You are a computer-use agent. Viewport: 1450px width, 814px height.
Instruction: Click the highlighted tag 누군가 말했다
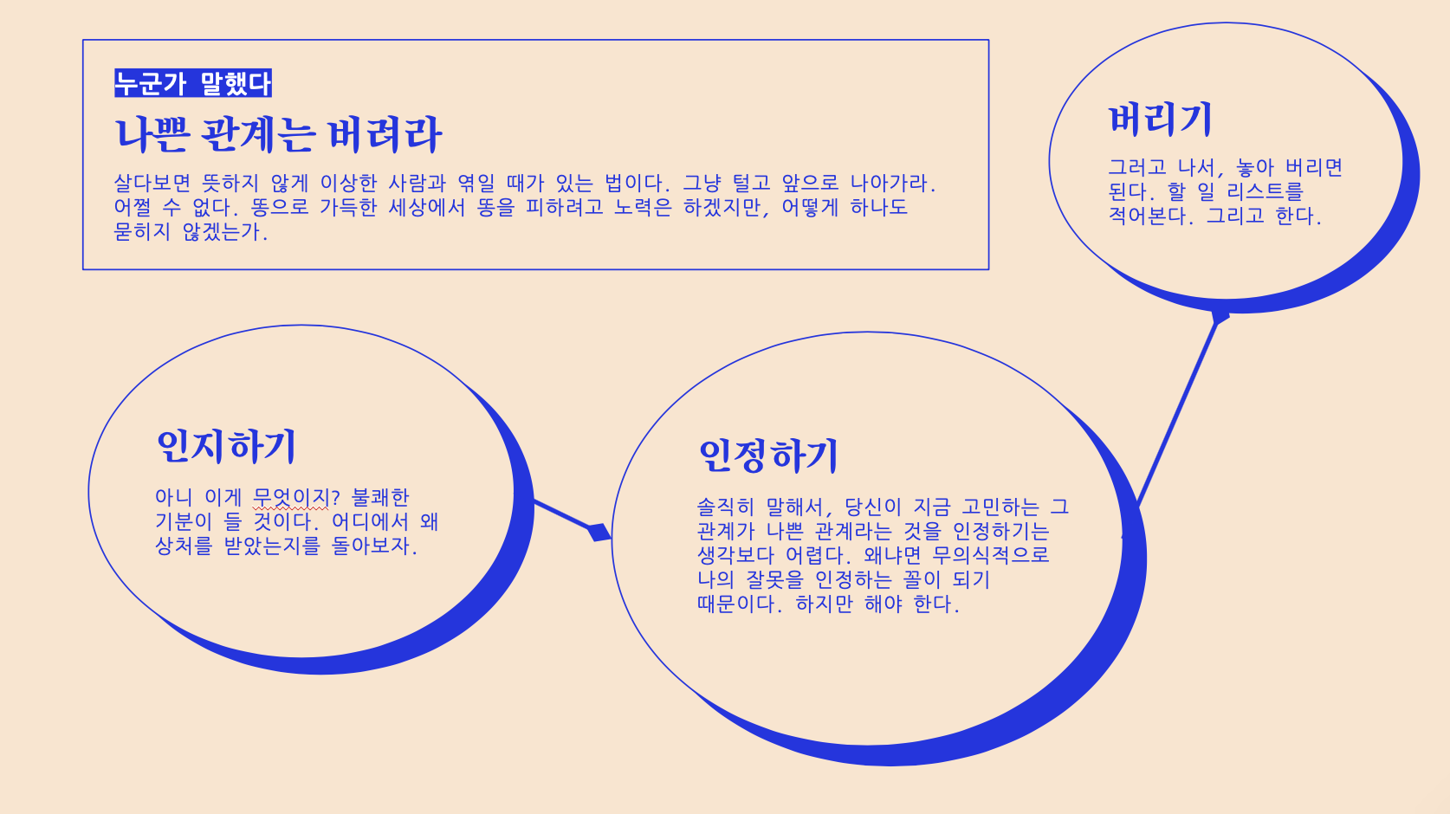tap(192, 83)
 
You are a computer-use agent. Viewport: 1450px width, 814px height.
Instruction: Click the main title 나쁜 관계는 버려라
tap(278, 134)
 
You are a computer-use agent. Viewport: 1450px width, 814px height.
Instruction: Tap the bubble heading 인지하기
tap(226, 446)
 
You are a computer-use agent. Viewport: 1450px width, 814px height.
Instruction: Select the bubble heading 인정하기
tap(768, 455)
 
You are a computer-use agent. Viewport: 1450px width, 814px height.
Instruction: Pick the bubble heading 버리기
tap(1160, 120)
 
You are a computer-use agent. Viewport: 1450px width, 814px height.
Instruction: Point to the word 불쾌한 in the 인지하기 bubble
tap(380, 498)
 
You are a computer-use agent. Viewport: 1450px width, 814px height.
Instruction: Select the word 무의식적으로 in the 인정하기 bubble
tap(990, 555)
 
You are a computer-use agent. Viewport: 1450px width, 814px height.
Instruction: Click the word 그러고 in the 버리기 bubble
tap(1137, 167)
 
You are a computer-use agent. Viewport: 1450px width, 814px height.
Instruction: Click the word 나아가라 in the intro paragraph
tap(890, 184)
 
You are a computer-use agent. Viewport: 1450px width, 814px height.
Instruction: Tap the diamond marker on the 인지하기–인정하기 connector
tap(599, 532)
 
